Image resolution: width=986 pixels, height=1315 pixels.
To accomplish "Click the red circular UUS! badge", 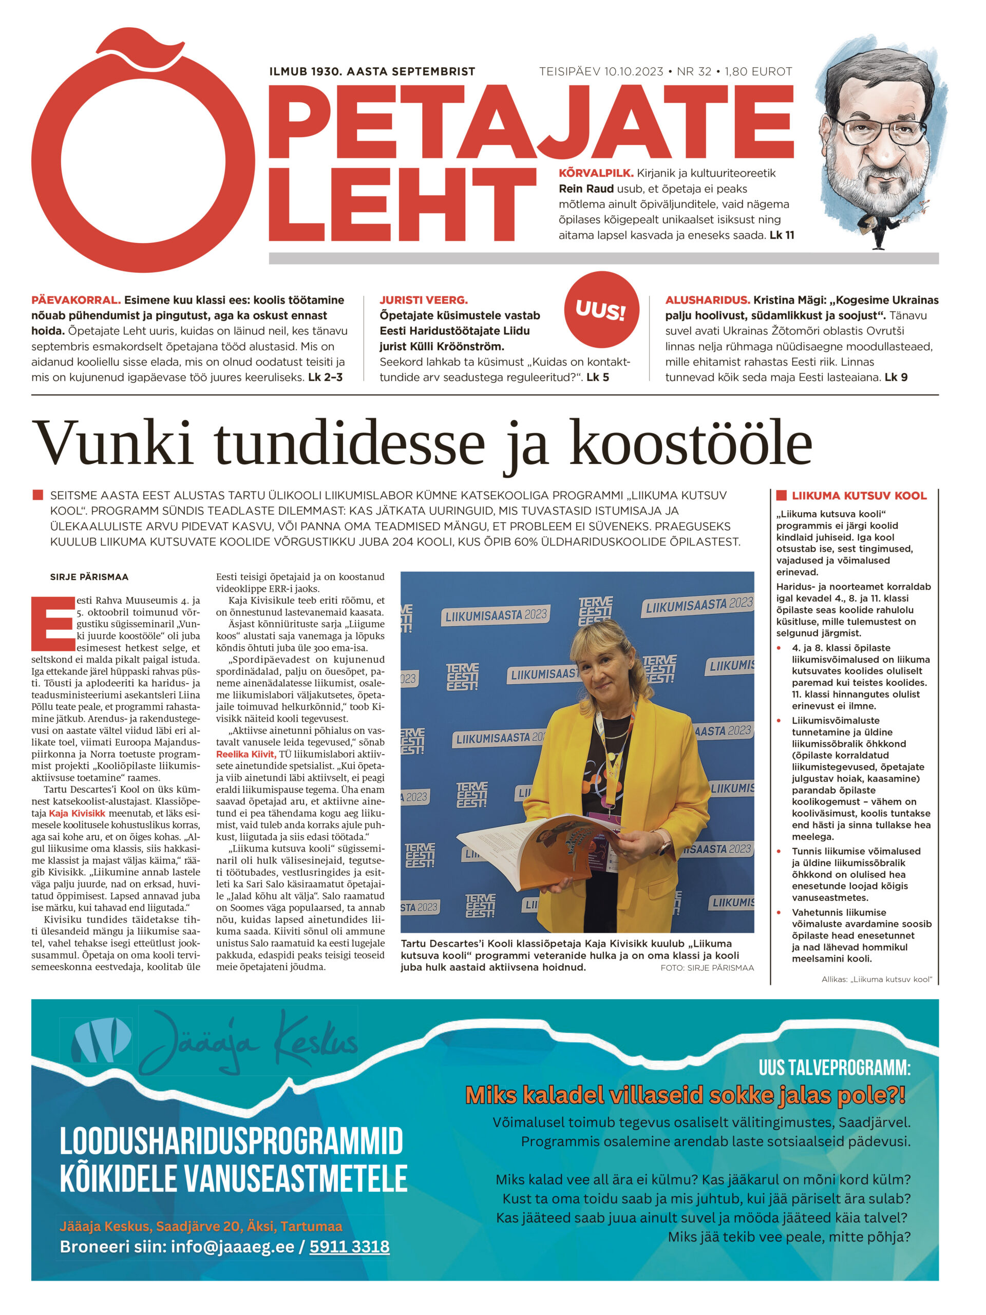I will coord(601,310).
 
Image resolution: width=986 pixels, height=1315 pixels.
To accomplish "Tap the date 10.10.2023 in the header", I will coord(633,72).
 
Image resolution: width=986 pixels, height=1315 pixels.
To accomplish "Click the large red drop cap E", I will coord(52,624).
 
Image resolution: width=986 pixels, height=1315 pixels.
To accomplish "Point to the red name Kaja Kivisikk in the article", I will coord(77,813).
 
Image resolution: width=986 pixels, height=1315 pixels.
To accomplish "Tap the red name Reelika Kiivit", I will coord(245,754).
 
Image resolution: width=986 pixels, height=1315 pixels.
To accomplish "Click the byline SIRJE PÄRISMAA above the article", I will coord(89,577).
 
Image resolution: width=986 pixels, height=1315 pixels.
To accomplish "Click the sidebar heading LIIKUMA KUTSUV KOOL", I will coord(858,496).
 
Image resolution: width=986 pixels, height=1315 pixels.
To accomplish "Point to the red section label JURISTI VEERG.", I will coord(423,300).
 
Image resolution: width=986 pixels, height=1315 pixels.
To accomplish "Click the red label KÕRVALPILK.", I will coord(596,174).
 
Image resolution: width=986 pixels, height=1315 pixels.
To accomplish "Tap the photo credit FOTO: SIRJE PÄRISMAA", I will coord(707,968).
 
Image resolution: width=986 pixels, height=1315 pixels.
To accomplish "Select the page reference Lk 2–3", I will coord(325,377).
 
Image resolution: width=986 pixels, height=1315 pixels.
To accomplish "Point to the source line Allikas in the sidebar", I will coord(876,980).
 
